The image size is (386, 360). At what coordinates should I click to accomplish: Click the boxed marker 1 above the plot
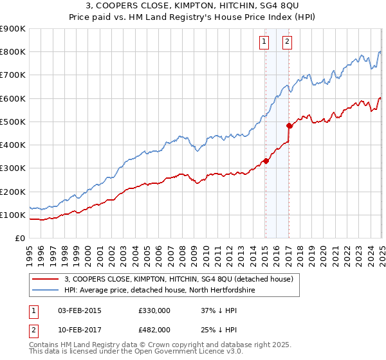coord(264,43)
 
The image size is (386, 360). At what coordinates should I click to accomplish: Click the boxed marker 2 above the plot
coord(287,43)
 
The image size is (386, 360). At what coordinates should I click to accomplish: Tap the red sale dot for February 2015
coord(266,161)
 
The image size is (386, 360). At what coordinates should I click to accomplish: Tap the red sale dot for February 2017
coord(289,126)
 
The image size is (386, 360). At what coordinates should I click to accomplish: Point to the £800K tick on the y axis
coord(13,52)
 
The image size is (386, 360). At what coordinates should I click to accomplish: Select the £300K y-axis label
coord(13,168)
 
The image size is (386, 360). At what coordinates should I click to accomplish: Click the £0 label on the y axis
coord(20,239)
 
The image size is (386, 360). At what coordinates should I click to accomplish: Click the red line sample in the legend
coord(46,279)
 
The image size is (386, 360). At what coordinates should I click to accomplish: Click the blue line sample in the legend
coord(46,291)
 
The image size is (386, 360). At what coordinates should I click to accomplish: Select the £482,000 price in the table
coord(154,330)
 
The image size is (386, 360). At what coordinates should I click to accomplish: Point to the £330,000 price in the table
coord(154,310)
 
